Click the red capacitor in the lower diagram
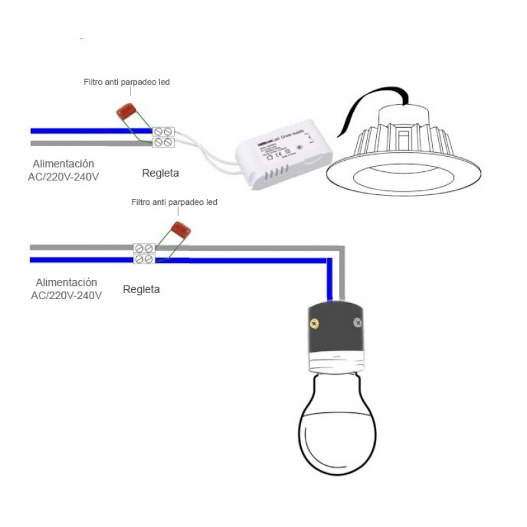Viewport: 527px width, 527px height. pyautogui.click(x=177, y=231)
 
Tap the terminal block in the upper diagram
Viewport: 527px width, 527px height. pyautogui.click(x=163, y=136)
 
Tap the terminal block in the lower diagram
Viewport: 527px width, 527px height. pyautogui.click(x=144, y=254)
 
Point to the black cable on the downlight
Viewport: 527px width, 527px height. pyautogui.click(x=369, y=105)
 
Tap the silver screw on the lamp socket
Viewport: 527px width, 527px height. pyautogui.click(x=357, y=323)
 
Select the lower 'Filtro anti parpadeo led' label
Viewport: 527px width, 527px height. pyautogui.click(x=174, y=202)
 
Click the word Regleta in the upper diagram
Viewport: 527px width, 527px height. pyautogui.click(x=161, y=173)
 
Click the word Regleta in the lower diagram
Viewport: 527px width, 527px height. pyautogui.click(x=141, y=289)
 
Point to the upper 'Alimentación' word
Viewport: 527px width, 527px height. pyautogui.click(x=65, y=163)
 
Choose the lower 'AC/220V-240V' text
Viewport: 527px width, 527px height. pyautogui.click(x=67, y=295)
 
